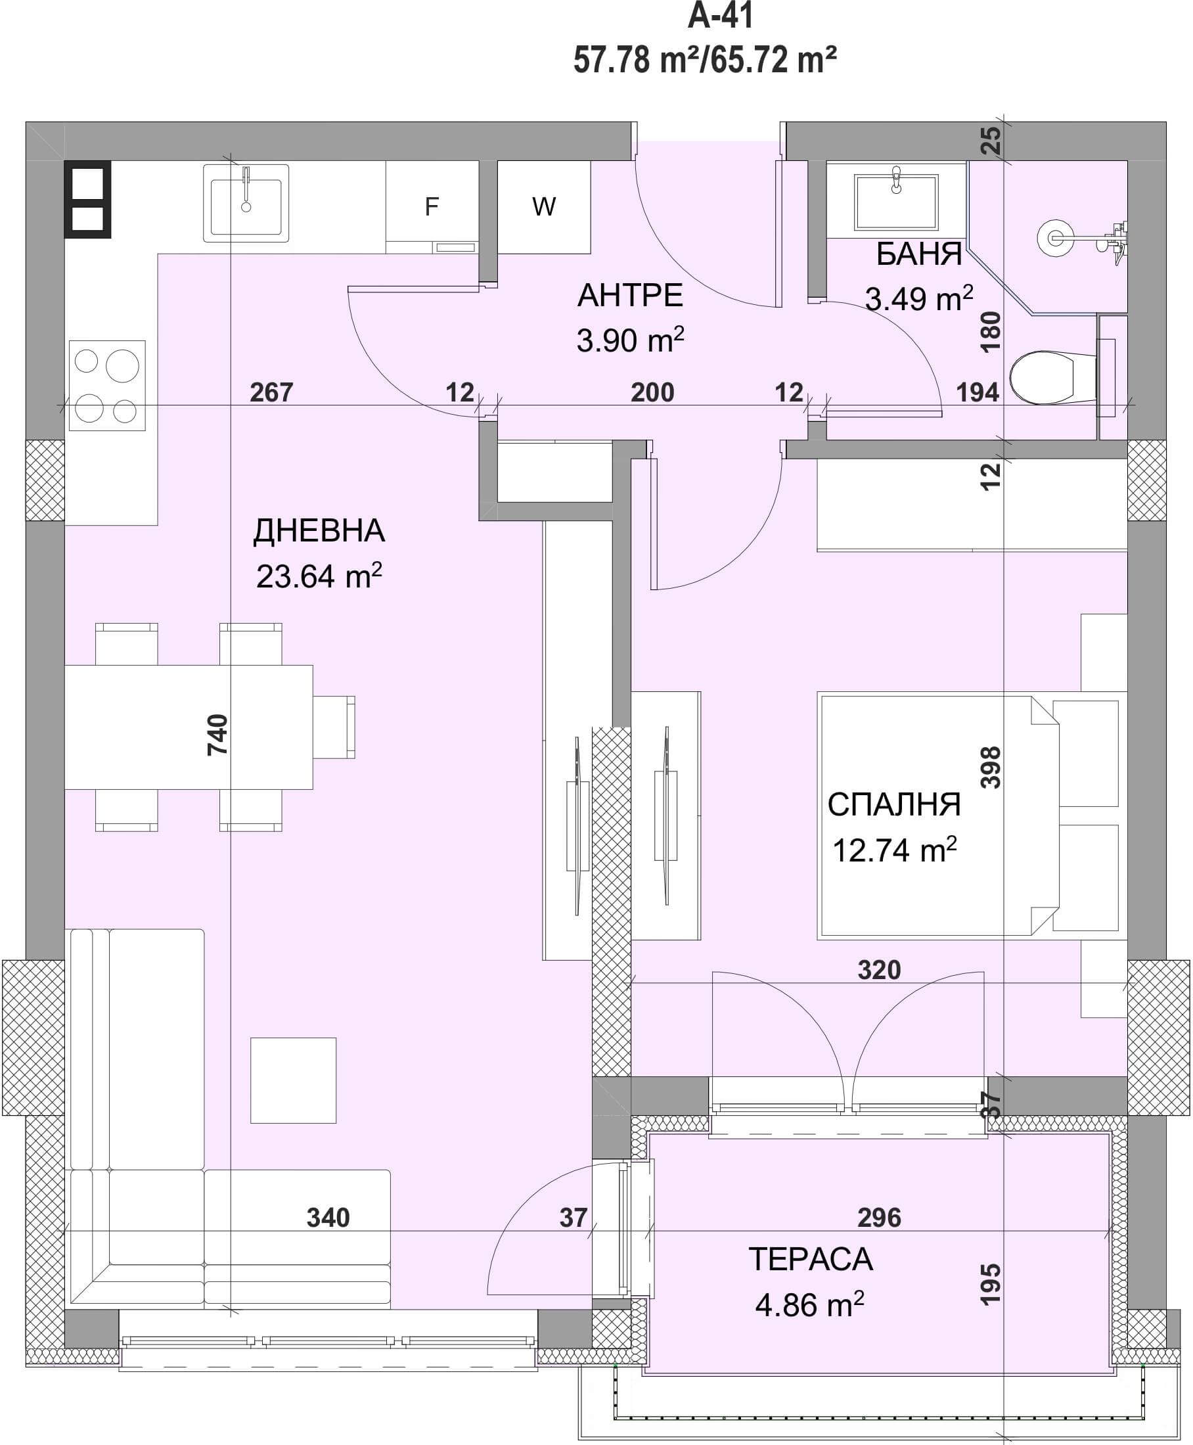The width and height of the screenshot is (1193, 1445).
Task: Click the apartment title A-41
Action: (720, 16)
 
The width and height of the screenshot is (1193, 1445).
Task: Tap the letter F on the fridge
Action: (431, 206)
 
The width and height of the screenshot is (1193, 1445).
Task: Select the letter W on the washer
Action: (543, 206)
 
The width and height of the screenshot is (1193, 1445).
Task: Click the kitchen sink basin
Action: (246, 204)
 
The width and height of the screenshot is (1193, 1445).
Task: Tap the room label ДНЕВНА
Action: (319, 531)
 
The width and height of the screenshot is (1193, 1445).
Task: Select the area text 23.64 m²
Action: (319, 576)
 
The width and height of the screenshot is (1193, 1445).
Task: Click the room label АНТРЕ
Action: (630, 296)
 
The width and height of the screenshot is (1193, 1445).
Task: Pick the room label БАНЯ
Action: (919, 254)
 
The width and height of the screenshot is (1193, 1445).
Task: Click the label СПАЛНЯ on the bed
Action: (894, 804)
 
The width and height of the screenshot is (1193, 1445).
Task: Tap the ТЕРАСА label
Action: (810, 1260)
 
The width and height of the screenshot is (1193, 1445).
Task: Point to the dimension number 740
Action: (217, 735)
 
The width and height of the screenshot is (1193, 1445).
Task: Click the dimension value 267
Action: (271, 392)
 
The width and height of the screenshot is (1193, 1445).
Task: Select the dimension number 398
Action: (990, 767)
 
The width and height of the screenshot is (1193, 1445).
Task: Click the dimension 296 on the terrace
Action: (879, 1218)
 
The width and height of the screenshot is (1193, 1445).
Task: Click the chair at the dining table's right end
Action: (334, 727)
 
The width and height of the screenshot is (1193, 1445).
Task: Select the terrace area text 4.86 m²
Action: (809, 1305)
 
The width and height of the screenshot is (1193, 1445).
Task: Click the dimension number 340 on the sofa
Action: (328, 1218)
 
